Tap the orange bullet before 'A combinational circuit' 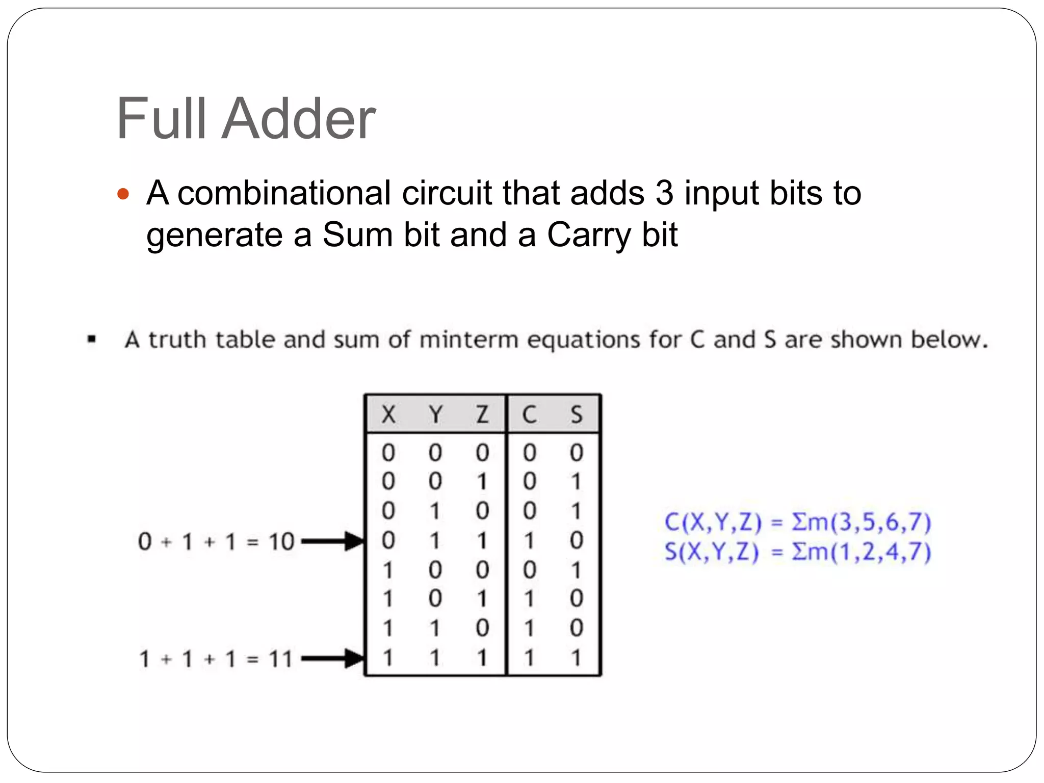tap(123, 194)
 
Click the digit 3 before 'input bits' tap(664, 193)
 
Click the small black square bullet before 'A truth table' tap(92, 339)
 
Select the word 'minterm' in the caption tap(468, 340)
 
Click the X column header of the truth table tap(388, 414)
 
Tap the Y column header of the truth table tap(435, 414)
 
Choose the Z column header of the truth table tap(482, 414)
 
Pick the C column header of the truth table tap(529, 414)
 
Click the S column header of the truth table tap(577, 414)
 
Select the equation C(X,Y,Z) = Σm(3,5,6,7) tap(798, 522)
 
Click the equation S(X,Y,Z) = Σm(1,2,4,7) tap(798, 552)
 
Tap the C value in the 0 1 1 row tap(529, 540)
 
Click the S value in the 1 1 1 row tap(577, 658)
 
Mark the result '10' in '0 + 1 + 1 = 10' tap(281, 541)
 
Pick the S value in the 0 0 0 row tap(577, 453)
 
